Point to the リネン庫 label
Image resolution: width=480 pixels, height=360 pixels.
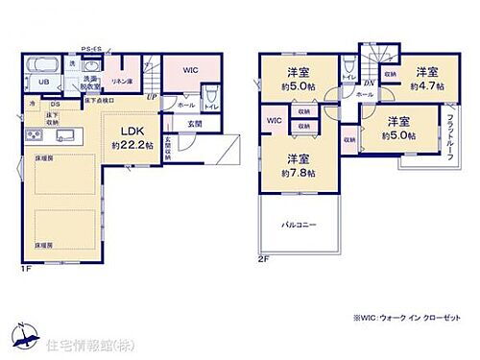tap(122, 82)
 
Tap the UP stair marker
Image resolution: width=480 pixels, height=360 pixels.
tap(152, 97)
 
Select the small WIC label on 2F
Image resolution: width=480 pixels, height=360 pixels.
tap(274, 121)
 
